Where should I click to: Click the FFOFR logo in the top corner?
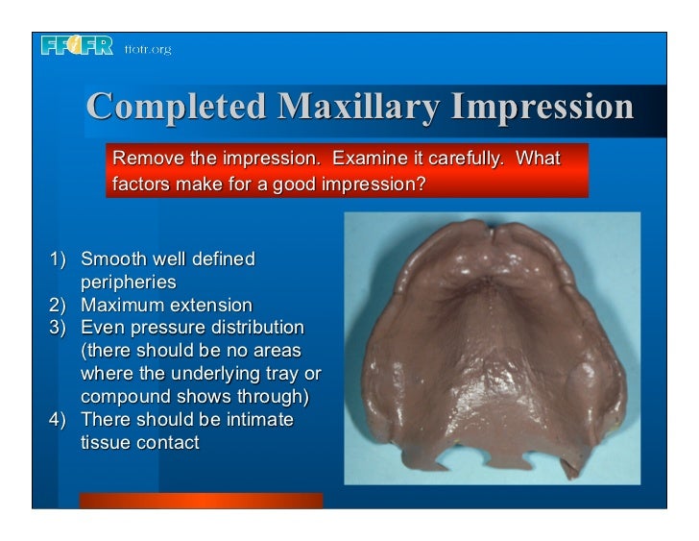click(78, 45)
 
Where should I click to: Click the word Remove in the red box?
click(145, 158)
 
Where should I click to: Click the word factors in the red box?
click(143, 182)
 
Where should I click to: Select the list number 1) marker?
click(58, 259)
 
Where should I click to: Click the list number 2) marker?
click(58, 306)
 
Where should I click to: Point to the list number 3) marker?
click(58, 328)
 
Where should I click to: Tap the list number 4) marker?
click(58, 419)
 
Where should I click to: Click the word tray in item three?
click(280, 374)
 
